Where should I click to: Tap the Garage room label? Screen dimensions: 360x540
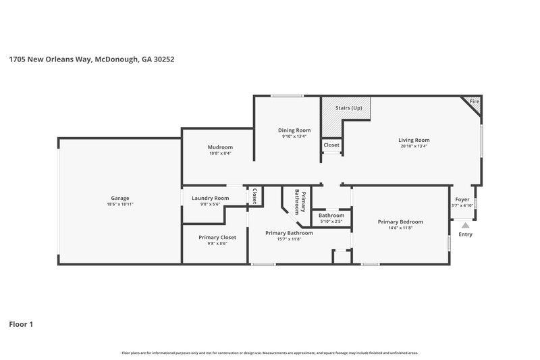[x=120, y=198]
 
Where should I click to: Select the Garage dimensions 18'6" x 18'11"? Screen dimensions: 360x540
[x=120, y=205]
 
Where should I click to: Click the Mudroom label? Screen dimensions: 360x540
[x=220, y=147]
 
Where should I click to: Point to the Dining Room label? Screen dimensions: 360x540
[x=294, y=130]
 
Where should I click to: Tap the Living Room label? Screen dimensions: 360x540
[x=414, y=140]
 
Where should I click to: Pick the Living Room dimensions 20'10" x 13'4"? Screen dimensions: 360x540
[x=414, y=147]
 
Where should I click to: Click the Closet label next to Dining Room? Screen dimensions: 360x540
[x=331, y=145]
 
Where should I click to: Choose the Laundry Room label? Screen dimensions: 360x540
[x=210, y=198]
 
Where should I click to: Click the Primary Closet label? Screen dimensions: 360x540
[x=217, y=237]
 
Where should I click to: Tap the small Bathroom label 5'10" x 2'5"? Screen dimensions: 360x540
[x=331, y=215]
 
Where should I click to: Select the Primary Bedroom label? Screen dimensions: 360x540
[x=400, y=222]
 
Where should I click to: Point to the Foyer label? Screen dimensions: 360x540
[x=462, y=199]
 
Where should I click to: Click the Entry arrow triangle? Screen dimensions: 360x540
[x=465, y=226]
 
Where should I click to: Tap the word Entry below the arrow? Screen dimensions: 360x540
[x=465, y=234]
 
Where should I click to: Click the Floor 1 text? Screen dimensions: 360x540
[x=21, y=324]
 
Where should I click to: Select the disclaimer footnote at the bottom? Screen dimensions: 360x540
[x=269, y=353]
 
